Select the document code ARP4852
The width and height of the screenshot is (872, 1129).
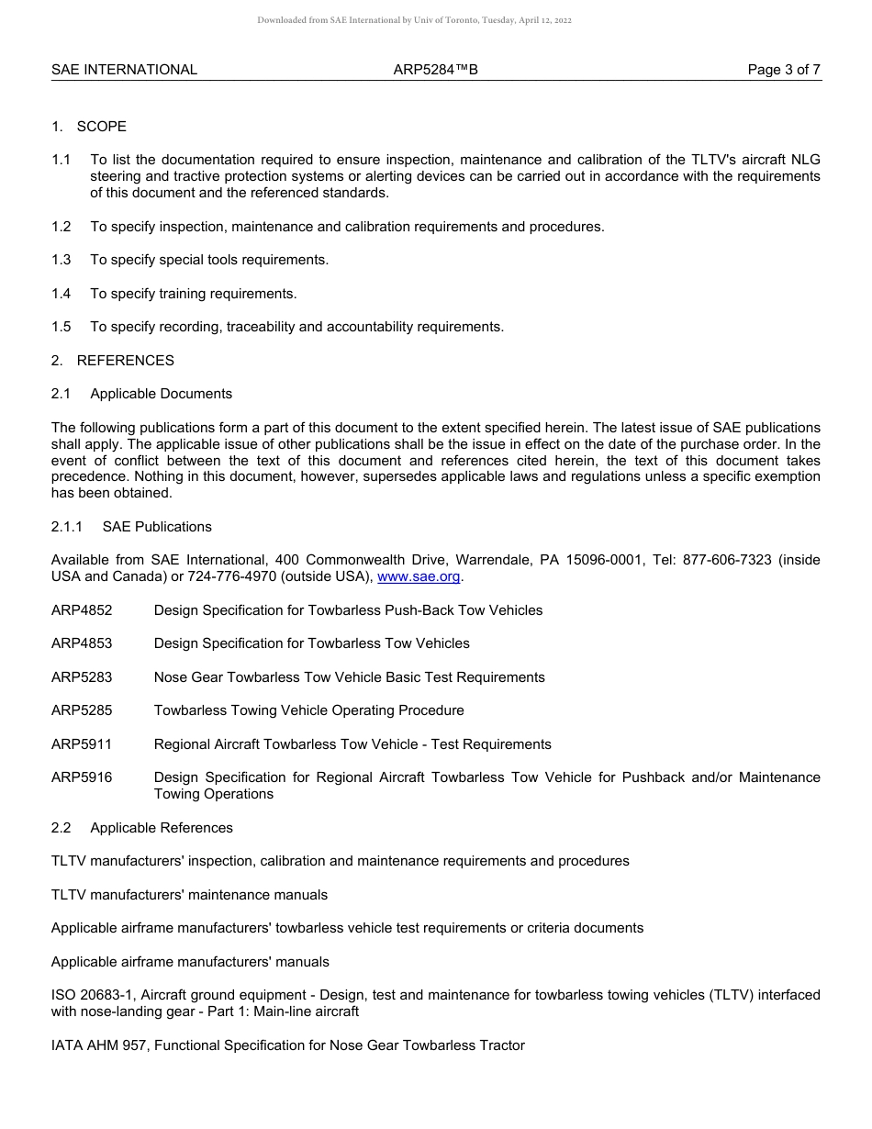click(x=82, y=610)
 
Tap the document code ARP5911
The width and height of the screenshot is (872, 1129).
click(x=82, y=744)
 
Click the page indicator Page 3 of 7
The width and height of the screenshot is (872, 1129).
click(x=784, y=70)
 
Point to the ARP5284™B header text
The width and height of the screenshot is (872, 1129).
click(x=435, y=70)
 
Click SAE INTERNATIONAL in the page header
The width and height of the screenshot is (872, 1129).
click(x=124, y=70)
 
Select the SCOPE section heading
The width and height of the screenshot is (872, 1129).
click(x=101, y=127)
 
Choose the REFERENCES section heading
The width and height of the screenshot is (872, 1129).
click(x=125, y=361)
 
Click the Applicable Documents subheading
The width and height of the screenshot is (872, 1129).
click(x=161, y=394)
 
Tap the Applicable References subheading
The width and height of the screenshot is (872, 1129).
click(x=162, y=828)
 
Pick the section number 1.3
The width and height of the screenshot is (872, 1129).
click(x=61, y=260)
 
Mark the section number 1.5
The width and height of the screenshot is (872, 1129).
click(x=61, y=327)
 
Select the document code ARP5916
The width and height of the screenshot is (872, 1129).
click(x=82, y=777)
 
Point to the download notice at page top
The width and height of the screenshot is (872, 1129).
click(x=414, y=20)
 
